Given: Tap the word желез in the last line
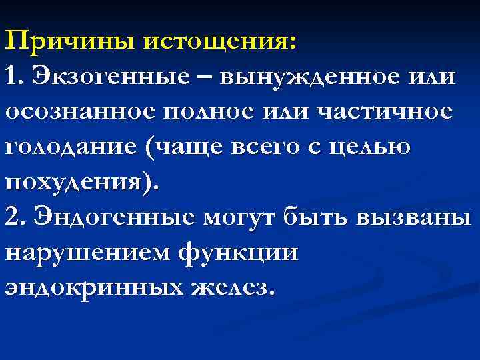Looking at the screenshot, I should (230, 289).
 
